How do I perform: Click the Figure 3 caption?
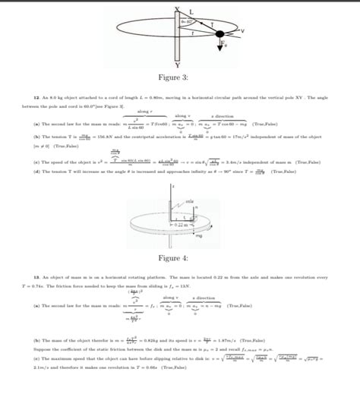click(x=179, y=78)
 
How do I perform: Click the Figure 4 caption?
click(x=179, y=259)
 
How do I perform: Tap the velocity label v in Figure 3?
click(x=241, y=30)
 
